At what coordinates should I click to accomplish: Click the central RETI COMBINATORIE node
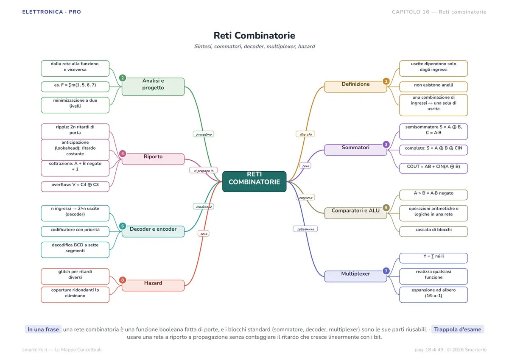(254, 181)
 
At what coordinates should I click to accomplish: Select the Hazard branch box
(153, 285)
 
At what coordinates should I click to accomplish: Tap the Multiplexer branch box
(355, 276)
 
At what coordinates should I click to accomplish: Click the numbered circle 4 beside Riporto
(123, 153)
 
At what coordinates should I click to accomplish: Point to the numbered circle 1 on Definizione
(386, 81)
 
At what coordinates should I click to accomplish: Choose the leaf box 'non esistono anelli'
(433, 87)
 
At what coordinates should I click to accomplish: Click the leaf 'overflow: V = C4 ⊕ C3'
(75, 187)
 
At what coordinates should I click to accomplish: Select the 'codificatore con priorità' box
(75, 232)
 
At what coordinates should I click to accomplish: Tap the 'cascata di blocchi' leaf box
(433, 232)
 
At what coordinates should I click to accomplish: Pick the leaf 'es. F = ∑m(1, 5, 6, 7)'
(75, 87)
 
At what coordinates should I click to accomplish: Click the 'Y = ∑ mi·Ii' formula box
(433, 258)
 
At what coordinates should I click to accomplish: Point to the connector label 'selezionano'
(305, 229)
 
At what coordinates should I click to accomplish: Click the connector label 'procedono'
(203, 134)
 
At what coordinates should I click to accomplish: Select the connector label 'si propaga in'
(203, 170)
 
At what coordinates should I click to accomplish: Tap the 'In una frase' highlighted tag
(43, 329)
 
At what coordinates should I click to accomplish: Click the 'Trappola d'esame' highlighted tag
(457, 329)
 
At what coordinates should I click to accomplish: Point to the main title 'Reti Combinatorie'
(254, 36)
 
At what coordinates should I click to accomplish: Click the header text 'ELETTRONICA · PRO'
(52, 12)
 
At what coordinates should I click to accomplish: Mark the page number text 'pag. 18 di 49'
(429, 349)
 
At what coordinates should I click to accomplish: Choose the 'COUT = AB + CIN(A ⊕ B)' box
(433, 168)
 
